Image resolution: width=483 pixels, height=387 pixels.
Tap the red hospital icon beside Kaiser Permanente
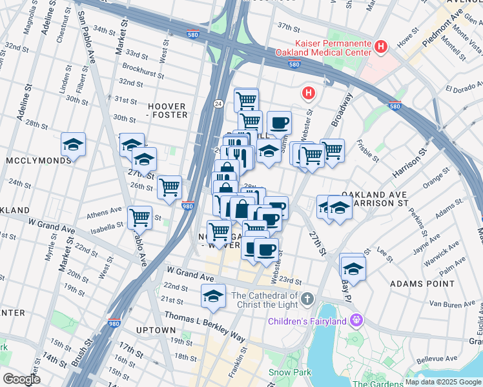click(380, 46)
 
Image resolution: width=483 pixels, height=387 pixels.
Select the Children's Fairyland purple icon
click(356, 319)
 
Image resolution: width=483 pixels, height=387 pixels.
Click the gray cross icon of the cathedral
click(308, 299)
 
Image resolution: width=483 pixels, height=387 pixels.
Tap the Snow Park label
click(290, 372)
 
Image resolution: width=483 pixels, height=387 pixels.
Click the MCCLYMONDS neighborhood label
click(36, 159)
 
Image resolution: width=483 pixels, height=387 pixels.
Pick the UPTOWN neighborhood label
click(156, 330)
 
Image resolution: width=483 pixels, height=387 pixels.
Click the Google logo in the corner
click(21, 379)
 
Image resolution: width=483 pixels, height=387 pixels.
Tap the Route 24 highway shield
click(218, 103)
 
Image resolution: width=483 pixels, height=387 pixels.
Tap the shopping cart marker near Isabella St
click(140, 217)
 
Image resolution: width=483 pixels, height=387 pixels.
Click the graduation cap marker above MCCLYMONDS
click(74, 145)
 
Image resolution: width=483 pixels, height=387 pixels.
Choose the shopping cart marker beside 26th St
click(169, 188)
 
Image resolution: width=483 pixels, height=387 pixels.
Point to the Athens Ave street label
click(105, 212)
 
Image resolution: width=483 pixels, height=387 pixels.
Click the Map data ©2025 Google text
click(443, 381)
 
